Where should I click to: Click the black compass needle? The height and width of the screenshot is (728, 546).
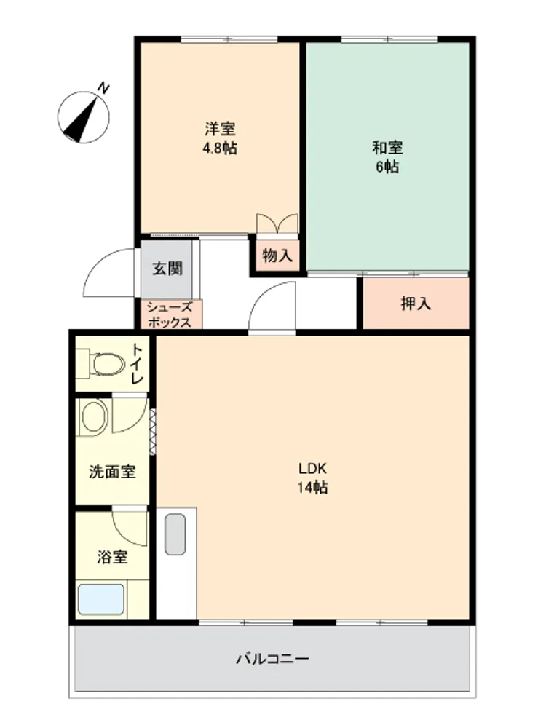pos(82,119)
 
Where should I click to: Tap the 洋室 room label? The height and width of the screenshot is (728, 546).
pos(220,129)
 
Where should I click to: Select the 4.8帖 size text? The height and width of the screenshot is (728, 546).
pos(220,148)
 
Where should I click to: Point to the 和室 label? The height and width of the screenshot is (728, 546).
pos(387,148)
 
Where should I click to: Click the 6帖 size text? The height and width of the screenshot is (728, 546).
pos(387,167)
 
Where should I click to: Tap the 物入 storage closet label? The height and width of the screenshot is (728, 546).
pos(277,256)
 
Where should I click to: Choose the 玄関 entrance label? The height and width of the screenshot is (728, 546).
pos(167,269)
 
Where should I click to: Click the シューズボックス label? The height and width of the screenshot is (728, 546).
pos(169,314)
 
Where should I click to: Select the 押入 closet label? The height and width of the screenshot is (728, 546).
pos(416,304)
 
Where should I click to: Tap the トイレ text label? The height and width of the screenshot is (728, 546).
pos(138,363)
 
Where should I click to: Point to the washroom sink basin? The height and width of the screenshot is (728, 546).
pos(93,416)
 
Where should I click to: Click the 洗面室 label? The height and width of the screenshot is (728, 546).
pos(112,472)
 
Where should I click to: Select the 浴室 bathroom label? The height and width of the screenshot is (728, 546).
pos(112,556)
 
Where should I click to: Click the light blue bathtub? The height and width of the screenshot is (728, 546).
pos(100,600)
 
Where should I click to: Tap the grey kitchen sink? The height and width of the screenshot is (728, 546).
pos(175,534)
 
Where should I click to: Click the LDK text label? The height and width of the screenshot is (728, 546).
pos(312,468)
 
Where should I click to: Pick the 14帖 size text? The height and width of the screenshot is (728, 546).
pos(313,488)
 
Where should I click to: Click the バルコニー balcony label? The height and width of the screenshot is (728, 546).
pos(272,658)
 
